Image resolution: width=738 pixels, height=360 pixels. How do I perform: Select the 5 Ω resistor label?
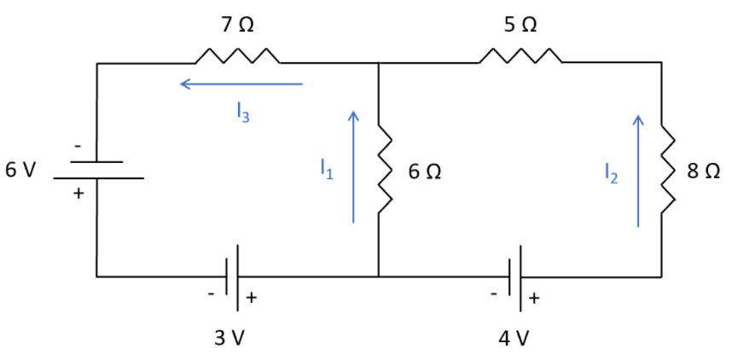[520, 25]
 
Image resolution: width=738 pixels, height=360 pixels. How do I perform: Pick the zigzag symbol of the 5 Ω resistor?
[520, 57]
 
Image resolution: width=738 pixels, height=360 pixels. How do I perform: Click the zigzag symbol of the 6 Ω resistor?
[385, 170]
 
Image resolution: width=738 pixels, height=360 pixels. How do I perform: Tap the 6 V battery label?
[20, 170]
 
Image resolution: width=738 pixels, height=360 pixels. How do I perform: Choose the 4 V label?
[514, 338]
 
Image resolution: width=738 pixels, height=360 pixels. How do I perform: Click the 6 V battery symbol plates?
[98, 170]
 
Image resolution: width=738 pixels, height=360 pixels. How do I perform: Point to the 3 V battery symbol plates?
[233, 275]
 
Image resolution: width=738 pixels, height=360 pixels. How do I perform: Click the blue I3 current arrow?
[241, 84]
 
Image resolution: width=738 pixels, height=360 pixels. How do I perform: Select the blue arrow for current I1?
[353, 166]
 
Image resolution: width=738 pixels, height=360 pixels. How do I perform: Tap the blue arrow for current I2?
[637, 171]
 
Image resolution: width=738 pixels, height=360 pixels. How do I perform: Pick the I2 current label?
[609, 174]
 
